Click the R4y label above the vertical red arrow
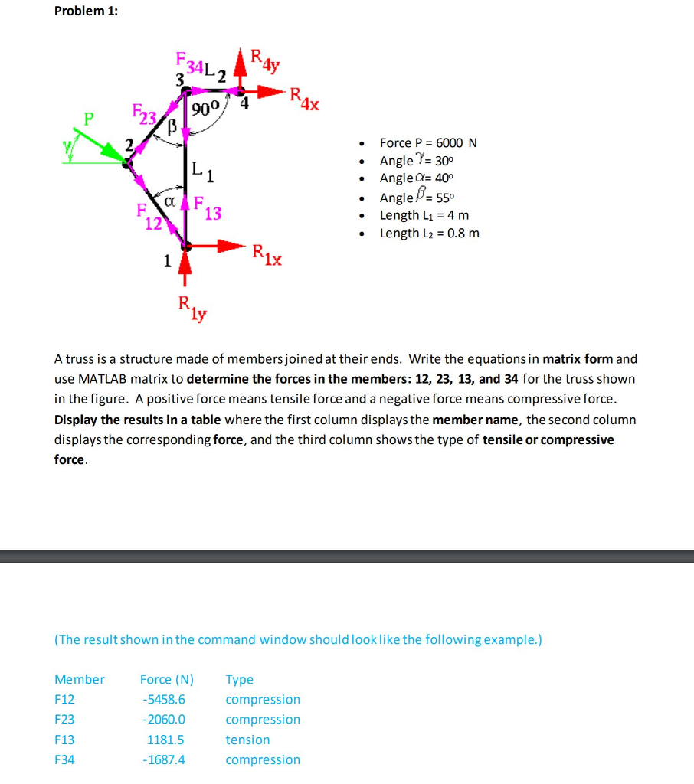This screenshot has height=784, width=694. point(265,60)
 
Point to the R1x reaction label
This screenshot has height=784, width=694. point(267,254)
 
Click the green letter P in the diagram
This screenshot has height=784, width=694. point(90,119)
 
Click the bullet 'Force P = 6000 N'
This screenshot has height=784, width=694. point(428,143)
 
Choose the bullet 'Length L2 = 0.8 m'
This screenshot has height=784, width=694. point(429,234)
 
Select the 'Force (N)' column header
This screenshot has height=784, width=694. point(166,679)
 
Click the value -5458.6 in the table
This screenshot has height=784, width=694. point(163,699)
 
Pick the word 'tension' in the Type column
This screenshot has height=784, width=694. point(247,740)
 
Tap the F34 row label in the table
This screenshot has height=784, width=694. point(64,759)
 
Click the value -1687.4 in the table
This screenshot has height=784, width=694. point(163,759)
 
